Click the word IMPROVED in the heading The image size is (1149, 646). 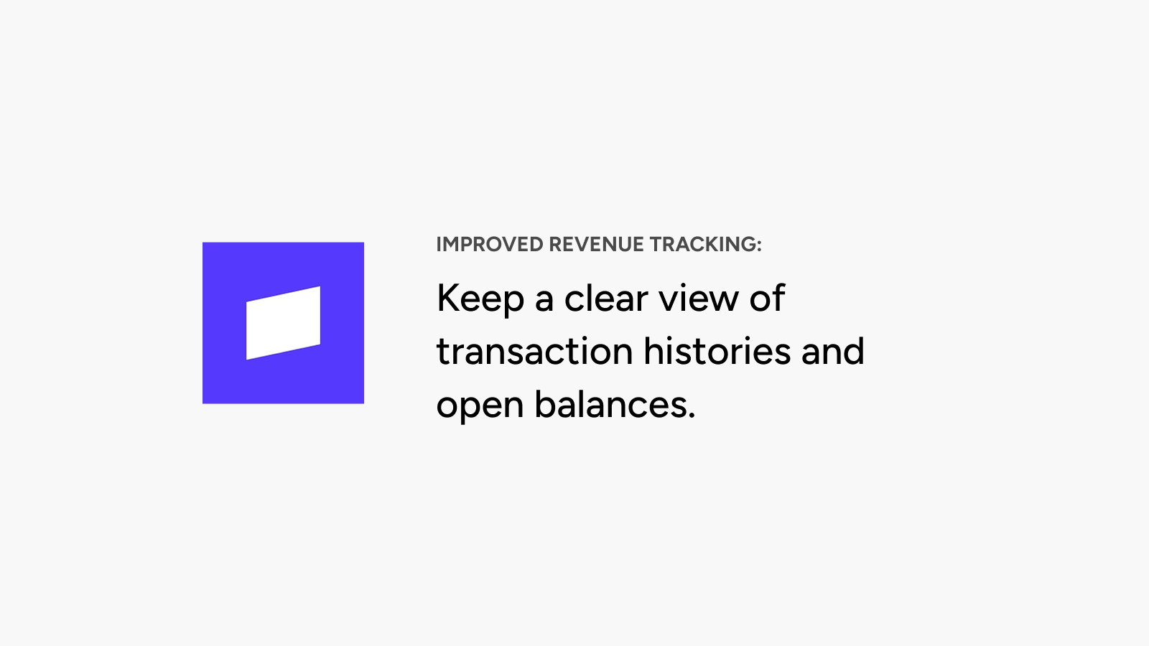pyautogui.click(x=489, y=245)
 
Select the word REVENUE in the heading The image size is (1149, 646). pyautogui.click(x=596, y=245)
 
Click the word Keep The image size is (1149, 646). pyautogui.click(x=480, y=299)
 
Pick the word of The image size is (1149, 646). pyautogui.click(x=767, y=297)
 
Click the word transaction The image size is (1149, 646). pyautogui.click(x=535, y=351)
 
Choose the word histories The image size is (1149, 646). pyautogui.click(x=717, y=351)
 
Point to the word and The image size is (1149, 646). pyautogui.click(x=832, y=351)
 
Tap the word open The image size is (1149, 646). pyautogui.click(x=480, y=406)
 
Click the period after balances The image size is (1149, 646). pyautogui.click(x=691, y=416)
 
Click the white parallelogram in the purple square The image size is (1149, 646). pyautogui.click(x=283, y=323)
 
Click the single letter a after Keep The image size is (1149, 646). pyautogui.click(x=544, y=301)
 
